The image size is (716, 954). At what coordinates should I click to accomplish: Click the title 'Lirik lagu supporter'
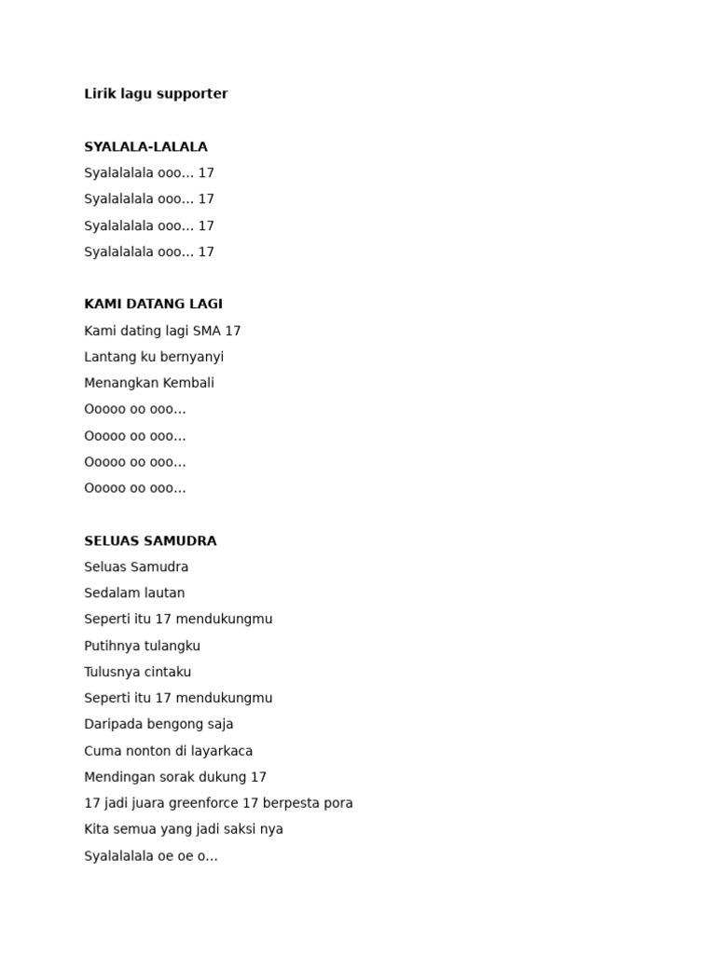[156, 94]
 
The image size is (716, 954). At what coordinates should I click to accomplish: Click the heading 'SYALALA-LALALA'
[145, 147]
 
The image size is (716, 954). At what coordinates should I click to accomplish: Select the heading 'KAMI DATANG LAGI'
[153, 304]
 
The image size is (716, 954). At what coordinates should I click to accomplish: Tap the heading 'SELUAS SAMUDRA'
[150, 541]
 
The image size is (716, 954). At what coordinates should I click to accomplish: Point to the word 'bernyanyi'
[192, 357]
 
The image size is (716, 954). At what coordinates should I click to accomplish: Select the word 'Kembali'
[189, 383]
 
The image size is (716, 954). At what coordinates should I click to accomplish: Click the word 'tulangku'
[172, 646]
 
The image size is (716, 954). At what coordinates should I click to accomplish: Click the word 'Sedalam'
[109, 593]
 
